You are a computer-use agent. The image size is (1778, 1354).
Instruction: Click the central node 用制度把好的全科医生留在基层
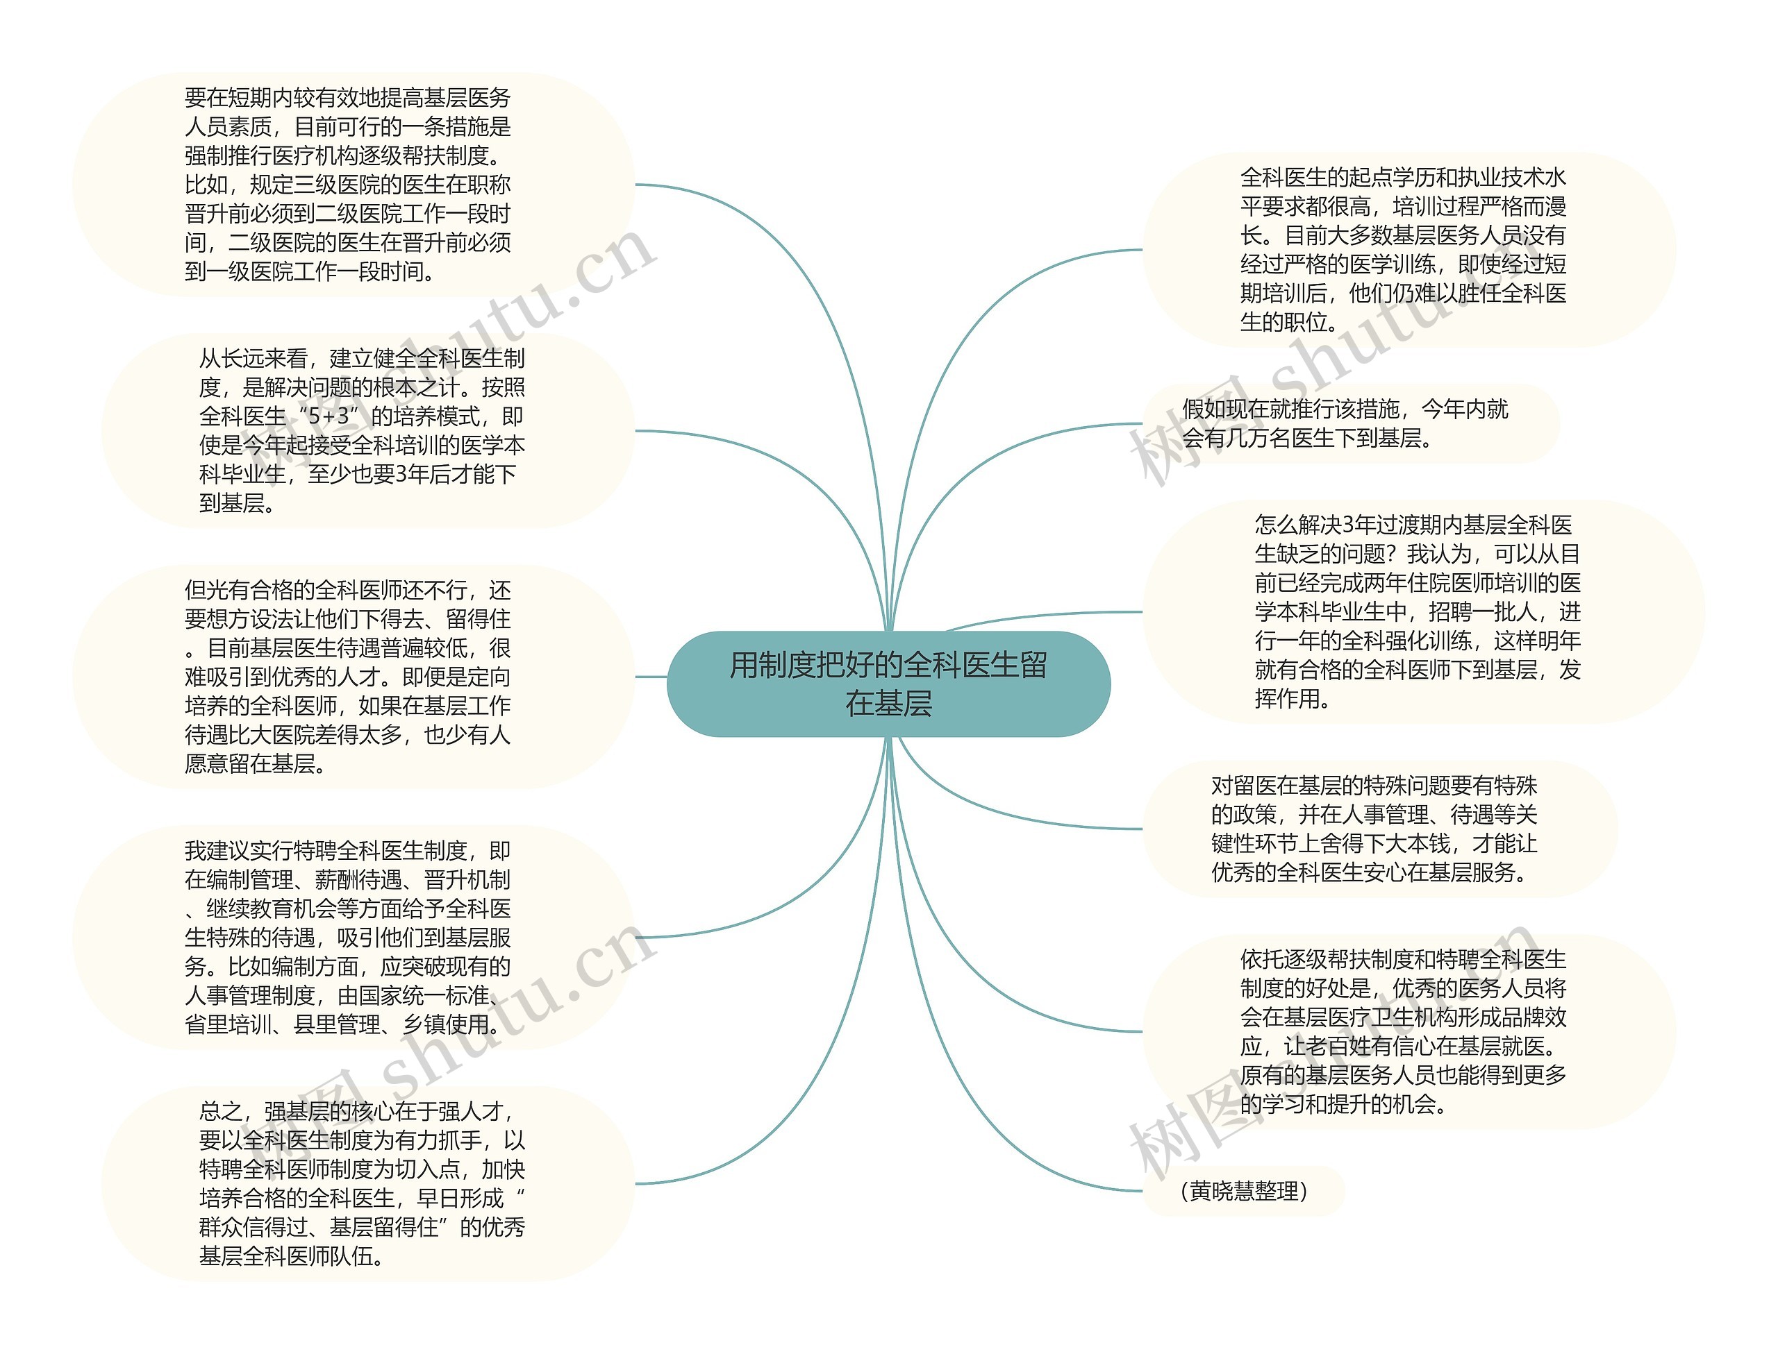888,684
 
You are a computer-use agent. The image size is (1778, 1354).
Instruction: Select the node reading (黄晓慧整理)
1243,1190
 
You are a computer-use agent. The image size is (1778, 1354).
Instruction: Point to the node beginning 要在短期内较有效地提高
347,185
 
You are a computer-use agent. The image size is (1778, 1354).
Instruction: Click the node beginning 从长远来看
362,430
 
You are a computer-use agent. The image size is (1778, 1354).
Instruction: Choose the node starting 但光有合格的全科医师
347,677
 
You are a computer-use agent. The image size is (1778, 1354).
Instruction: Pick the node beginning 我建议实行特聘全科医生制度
347,938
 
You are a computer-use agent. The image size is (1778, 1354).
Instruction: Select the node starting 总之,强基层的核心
362,1183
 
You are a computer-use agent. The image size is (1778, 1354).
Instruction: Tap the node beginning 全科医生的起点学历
1403,250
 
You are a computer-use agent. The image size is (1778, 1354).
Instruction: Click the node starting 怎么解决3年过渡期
1417,611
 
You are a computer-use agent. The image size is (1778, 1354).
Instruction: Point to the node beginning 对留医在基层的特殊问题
1374,829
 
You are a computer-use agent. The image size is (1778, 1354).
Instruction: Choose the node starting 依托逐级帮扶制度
1403,1031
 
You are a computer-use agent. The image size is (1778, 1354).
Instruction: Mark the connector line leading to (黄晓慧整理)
1008,1128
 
